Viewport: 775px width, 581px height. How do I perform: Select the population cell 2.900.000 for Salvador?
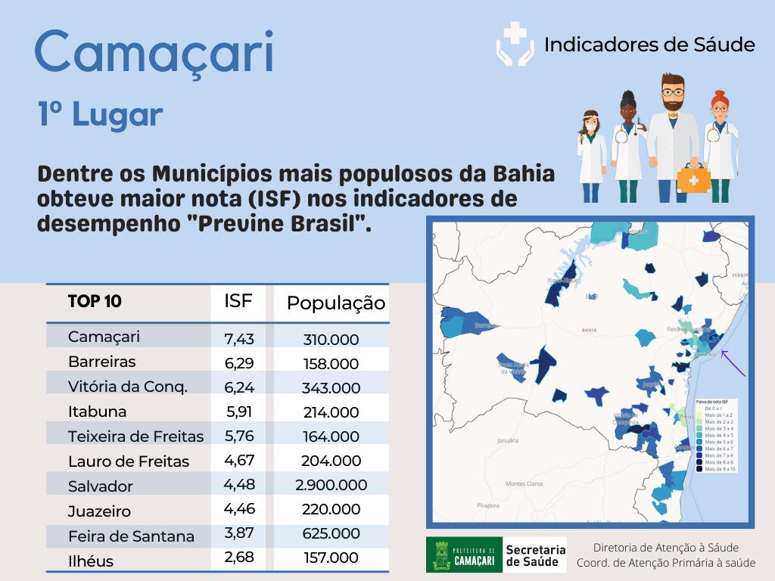point(331,485)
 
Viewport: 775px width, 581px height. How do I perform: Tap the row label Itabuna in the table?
point(97,412)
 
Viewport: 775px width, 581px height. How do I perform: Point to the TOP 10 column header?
point(95,301)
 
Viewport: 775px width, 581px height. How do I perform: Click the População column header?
point(335,303)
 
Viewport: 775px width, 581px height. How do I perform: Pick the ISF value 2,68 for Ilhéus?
point(238,558)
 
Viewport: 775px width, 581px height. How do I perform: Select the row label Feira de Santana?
point(131,536)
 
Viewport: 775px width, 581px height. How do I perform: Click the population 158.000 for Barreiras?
point(331,364)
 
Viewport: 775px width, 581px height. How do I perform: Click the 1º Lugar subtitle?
point(101,114)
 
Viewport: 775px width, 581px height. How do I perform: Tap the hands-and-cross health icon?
point(514,44)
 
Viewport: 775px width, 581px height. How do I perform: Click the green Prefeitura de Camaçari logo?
point(462,555)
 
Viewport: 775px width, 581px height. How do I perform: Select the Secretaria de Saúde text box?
point(534,555)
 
